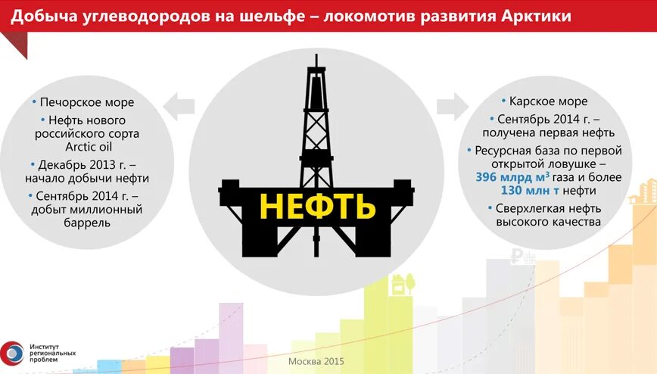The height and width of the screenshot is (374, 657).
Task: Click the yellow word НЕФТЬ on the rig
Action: [317, 205]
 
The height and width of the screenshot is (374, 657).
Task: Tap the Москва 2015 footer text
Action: [316, 362]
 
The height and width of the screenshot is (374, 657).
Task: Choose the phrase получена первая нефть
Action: [549, 134]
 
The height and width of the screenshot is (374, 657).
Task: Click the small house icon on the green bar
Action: [397, 285]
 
